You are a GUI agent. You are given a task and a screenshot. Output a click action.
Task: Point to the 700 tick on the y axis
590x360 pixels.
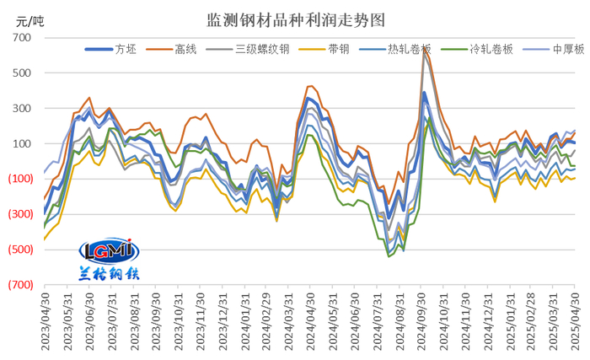(x=22, y=38)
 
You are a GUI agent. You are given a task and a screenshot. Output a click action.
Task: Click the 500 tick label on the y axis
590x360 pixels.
(x=22, y=73)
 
